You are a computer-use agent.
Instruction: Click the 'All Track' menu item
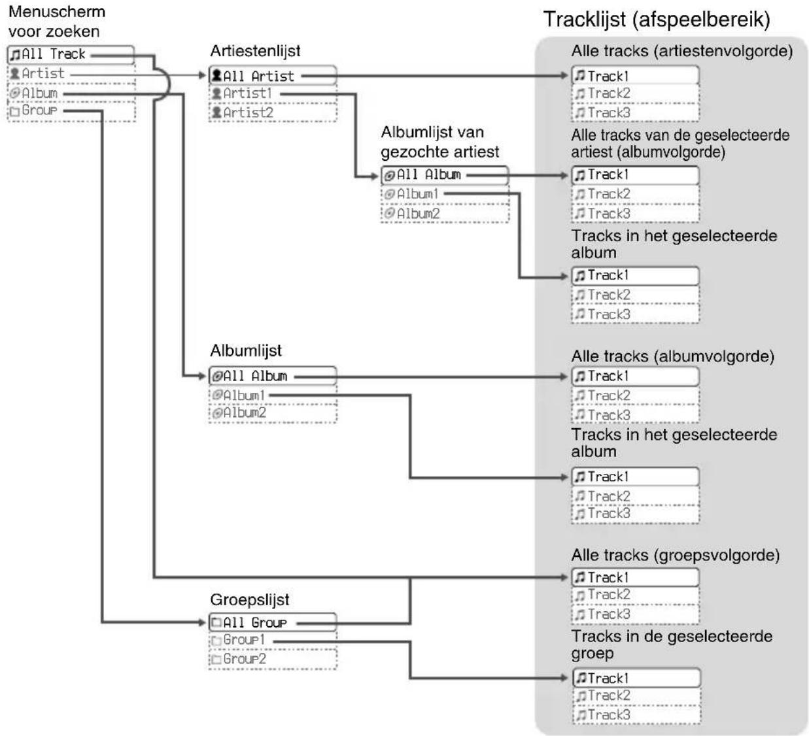click(x=70, y=55)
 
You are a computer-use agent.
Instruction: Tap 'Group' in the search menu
click(x=33, y=110)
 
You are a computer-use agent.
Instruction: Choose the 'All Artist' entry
click(x=273, y=75)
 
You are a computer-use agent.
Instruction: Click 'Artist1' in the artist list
click(x=242, y=93)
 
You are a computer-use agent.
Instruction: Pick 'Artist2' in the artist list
click(x=243, y=112)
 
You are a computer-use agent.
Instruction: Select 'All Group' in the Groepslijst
click(x=273, y=622)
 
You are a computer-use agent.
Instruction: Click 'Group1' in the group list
click(x=238, y=640)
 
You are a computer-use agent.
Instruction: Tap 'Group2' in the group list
click(x=239, y=659)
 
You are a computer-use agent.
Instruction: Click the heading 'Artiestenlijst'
click(x=255, y=51)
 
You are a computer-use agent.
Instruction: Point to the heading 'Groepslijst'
click(x=250, y=600)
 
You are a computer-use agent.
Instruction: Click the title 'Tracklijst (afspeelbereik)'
click(x=657, y=20)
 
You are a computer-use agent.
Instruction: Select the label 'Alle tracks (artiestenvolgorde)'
click(x=682, y=51)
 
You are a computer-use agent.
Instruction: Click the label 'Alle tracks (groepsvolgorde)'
click(x=676, y=555)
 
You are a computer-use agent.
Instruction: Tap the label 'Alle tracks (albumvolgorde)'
click(x=673, y=356)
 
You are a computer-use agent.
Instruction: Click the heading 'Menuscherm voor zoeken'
click(x=56, y=22)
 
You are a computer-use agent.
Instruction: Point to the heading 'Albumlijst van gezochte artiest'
click(x=440, y=142)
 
